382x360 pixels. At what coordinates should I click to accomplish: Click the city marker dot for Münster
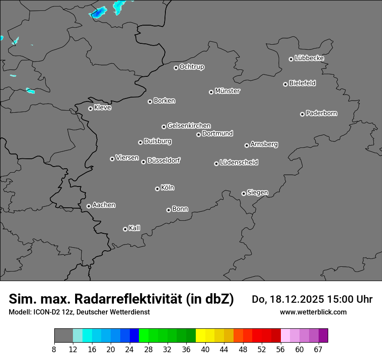click(211, 92)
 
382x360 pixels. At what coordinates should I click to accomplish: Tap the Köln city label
click(168, 188)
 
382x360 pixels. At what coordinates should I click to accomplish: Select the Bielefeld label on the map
click(302, 83)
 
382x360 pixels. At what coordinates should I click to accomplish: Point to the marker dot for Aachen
click(89, 206)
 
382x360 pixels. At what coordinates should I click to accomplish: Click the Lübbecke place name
click(309, 58)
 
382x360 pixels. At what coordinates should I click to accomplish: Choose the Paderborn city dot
click(302, 114)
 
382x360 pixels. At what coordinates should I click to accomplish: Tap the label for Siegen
click(257, 193)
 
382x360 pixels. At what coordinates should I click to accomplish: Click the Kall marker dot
click(125, 229)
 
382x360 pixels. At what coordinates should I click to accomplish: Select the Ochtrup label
click(192, 67)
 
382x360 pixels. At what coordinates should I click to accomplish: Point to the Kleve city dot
click(90, 108)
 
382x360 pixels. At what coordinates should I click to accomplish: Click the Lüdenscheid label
click(239, 163)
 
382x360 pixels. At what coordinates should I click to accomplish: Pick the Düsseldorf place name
click(164, 160)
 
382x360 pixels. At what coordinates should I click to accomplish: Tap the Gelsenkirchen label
click(189, 126)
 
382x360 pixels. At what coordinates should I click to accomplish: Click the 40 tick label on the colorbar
click(205, 349)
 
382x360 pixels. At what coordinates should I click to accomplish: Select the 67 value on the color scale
click(318, 349)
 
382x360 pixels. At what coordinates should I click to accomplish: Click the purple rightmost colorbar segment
click(323, 336)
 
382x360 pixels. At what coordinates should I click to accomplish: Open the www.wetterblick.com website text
click(313, 312)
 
